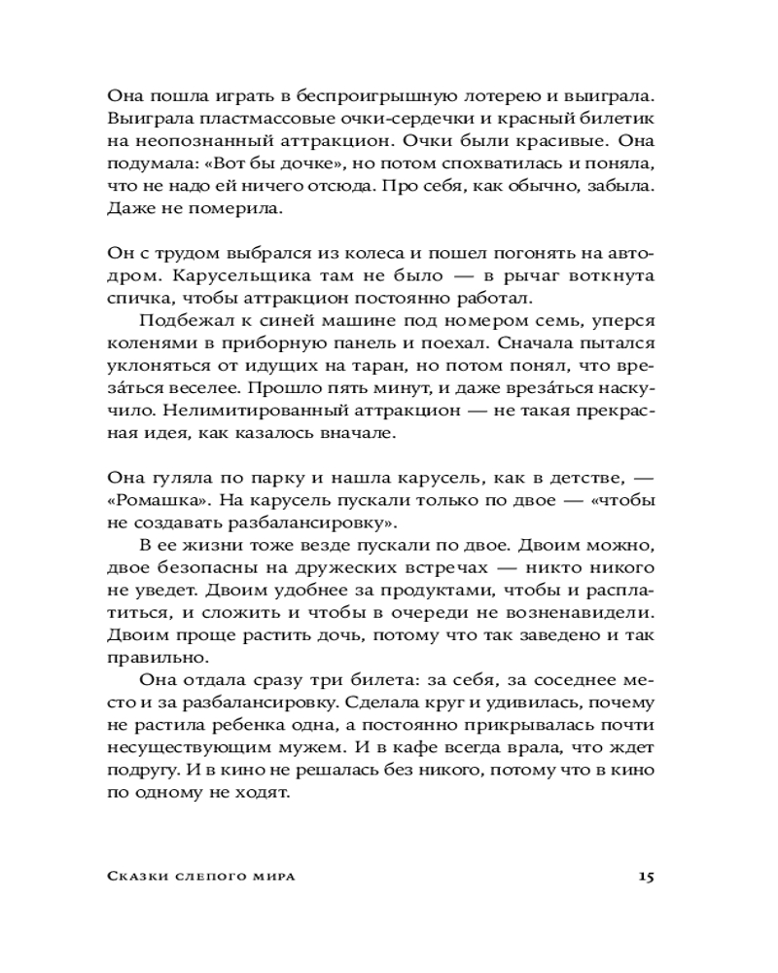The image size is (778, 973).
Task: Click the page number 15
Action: (x=645, y=877)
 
